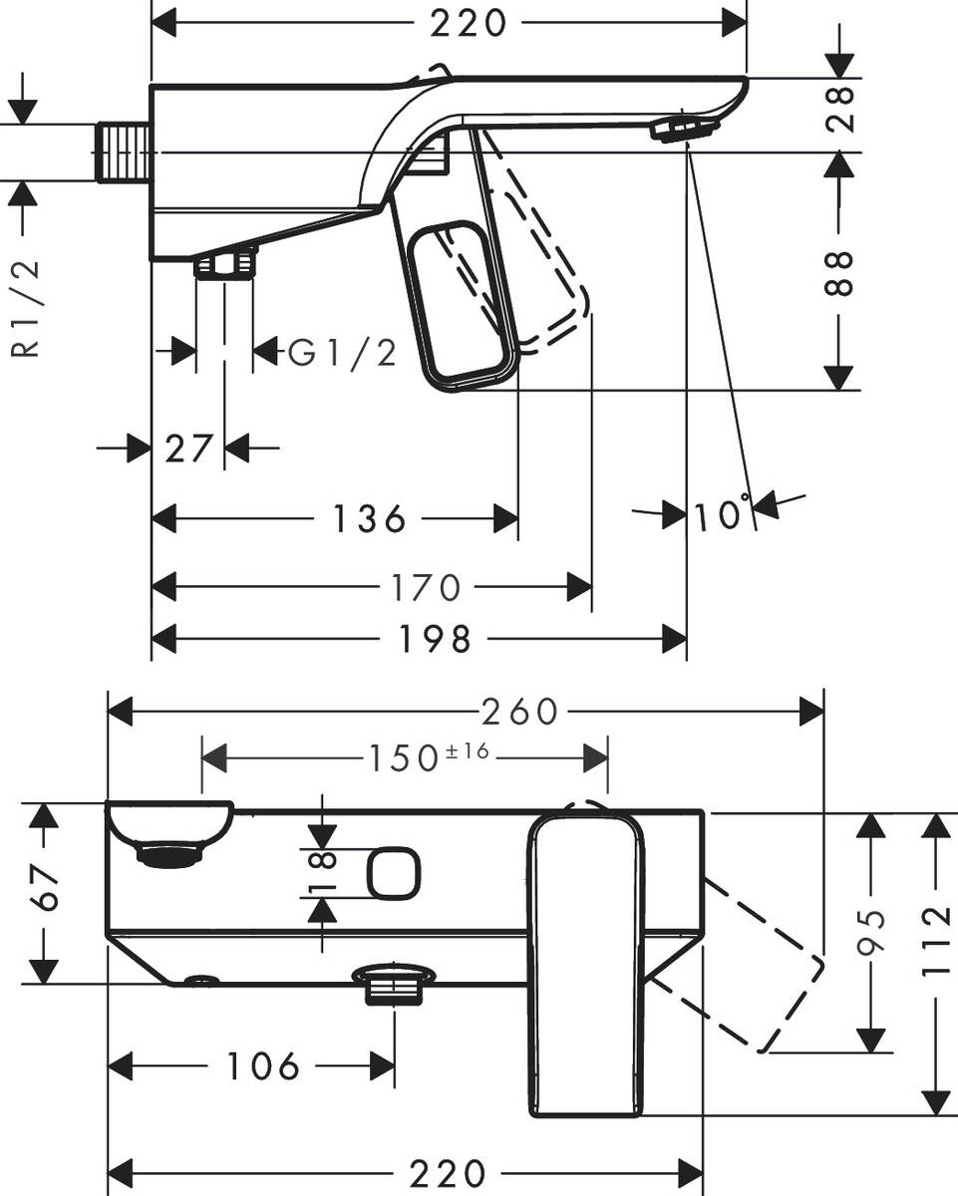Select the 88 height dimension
click(842, 271)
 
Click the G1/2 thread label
click(343, 352)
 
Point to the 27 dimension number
click(189, 449)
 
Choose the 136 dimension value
click(370, 518)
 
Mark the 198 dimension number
click(434, 639)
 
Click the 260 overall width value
click(518, 712)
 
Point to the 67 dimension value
click(40, 893)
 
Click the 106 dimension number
click(262, 1066)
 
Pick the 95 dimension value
click(872, 931)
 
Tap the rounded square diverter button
click(394, 873)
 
